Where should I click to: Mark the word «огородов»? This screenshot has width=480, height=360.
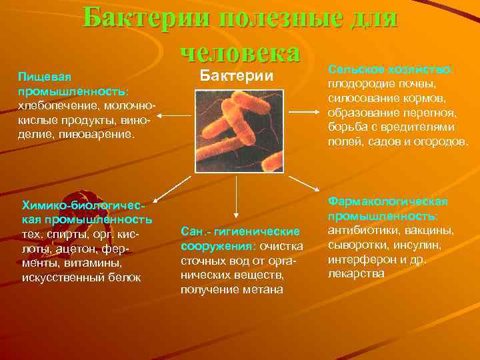coord(443,141)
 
